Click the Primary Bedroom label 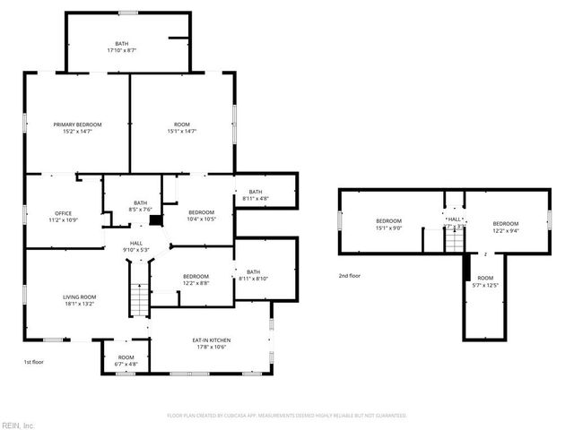(77, 127)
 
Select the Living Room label (79, 300)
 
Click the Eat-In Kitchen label (212, 343)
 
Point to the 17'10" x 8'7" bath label (121, 47)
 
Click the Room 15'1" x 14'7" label (182, 127)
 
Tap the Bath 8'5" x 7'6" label (140, 206)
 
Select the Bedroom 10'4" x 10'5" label (201, 215)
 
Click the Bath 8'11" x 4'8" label (256, 194)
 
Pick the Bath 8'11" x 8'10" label (254, 275)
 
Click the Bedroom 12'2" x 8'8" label (196, 279)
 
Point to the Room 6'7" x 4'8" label (126, 361)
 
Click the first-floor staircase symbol (140, 299)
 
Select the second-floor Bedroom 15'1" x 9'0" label (388, 224)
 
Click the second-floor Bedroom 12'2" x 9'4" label (505, 227)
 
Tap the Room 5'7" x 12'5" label (485, 282)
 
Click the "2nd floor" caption (350, 277)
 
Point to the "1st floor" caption (33, 362)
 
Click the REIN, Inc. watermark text (17, 425)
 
